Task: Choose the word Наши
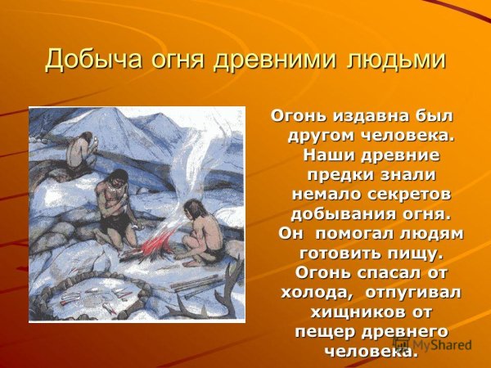pyautogui.click(x=329, y=155)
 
